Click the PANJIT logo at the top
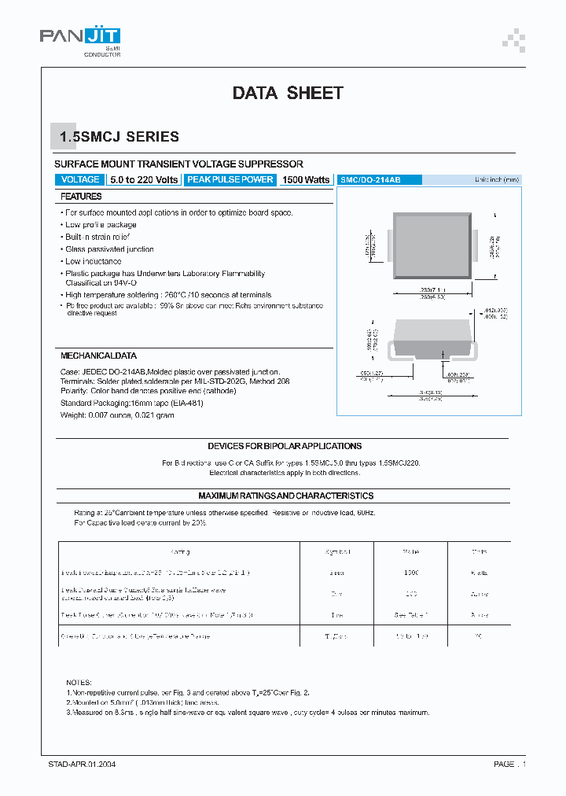80,37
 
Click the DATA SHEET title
288,93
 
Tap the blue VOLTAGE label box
80,180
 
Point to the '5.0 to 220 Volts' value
144,180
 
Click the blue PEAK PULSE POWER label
230,180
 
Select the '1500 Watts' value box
306,180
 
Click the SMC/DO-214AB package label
369,180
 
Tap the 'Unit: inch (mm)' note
497,180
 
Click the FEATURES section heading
82,197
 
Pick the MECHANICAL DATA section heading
98,356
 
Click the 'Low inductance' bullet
93,261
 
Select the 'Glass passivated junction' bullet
109,249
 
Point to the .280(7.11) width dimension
433,289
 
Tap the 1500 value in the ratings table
410,573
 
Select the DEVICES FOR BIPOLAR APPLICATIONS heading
285,446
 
